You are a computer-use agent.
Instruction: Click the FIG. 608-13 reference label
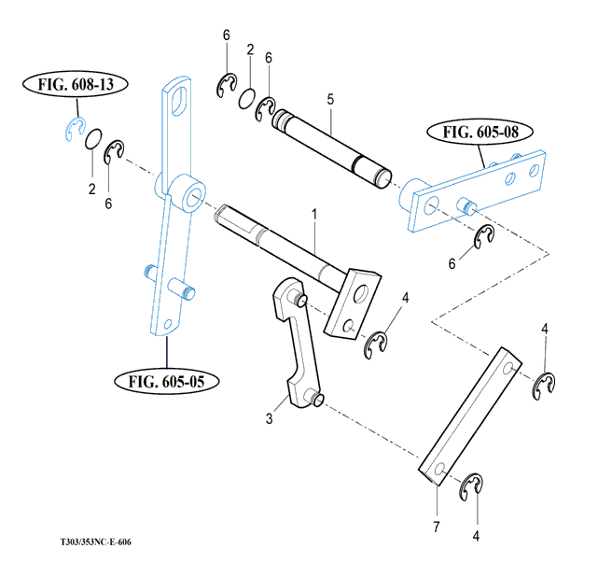(x=76, y=85)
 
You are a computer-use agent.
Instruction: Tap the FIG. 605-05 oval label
(x=167, y=381)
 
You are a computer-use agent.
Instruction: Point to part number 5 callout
(x=330, y=98)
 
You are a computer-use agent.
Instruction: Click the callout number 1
(x=314, y=215)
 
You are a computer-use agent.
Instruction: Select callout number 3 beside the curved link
(x=270, y=419)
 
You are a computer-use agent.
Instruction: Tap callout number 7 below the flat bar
(x=436, y=528)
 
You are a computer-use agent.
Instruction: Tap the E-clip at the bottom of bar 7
(x=475, y=487)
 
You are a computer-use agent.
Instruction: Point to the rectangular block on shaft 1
(x=354, y=300)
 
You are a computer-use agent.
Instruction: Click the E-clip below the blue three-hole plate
(x=483, y=238)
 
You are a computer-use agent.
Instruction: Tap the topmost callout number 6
(x=226, y=35)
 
